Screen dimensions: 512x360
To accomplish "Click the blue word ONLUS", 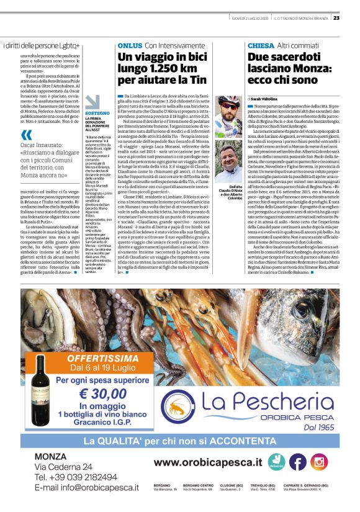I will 130,46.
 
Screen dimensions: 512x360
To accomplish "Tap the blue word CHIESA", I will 260,46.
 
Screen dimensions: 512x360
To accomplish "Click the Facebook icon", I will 298,462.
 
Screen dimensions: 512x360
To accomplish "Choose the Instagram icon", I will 319,462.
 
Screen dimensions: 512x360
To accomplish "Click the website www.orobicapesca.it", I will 207,462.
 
